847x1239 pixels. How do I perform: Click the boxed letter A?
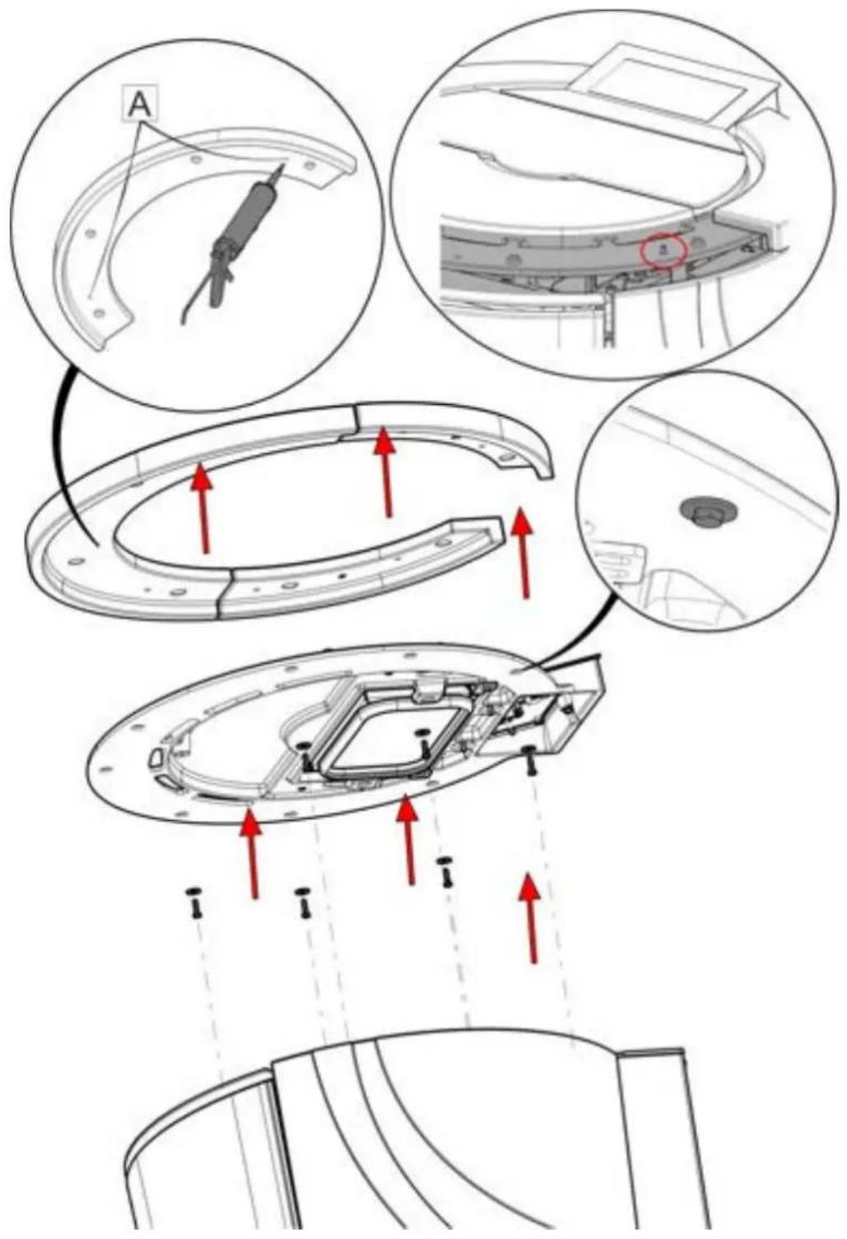pyautogui.click(x=139, y=104)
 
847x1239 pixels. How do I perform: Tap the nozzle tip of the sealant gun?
pyautogui.click(x=284, y=165)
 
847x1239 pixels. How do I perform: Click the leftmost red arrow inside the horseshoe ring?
pyautogui.click(x=202, y=508)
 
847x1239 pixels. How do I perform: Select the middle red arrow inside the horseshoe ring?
pyautogui.click(x=386, y=471)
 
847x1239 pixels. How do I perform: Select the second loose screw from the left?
pyautogui.click(x=303, y=903)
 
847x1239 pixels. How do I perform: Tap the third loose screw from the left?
pyautogui.click(x=445, y=872)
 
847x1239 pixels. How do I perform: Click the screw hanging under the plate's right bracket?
pyautogui.click(x=529, y=761)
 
